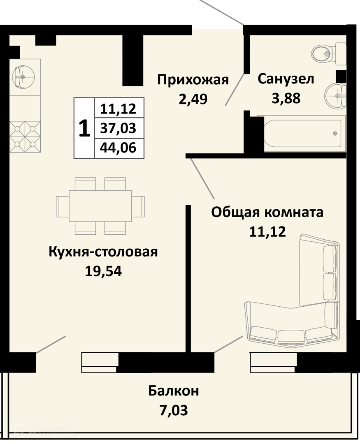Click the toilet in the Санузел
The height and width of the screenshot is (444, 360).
[x=329, y=54]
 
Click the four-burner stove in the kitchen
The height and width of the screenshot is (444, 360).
[x=25, y=136]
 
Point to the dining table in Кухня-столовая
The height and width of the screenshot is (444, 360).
[x=100, y=206]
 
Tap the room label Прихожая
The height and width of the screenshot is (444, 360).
[x=193, y=80]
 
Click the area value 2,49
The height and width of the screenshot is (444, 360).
[x=193, y=99]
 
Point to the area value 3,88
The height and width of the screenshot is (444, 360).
[x=286, y=99]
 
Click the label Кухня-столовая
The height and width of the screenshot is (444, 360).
[x=103, y=252]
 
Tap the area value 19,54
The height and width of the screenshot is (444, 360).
[x=103, y=271]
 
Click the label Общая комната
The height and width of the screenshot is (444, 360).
[x=267, y=212]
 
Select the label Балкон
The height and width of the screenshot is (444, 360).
[x=174, y=391]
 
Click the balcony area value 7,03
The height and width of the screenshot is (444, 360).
[x=174, y=410]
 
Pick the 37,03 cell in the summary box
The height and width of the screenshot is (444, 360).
[x=118, y=128]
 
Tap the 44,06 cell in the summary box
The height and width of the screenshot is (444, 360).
[x=118, y=148]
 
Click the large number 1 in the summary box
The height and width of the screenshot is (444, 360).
[x=84, y=128]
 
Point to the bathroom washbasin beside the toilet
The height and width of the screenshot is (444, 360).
[x=336, y=96]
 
